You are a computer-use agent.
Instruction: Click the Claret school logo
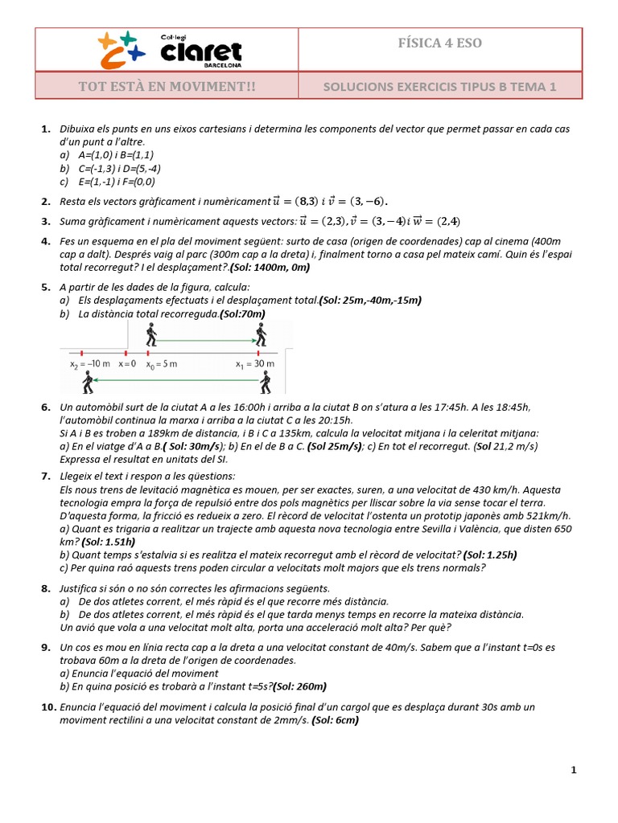pos(168,49)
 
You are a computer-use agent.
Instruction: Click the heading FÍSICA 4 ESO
pos(440,43)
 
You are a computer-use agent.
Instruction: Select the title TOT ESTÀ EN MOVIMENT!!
pos(167,86)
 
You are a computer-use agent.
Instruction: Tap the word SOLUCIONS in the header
pos(356,87)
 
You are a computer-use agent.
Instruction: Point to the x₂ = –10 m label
pos(89,364)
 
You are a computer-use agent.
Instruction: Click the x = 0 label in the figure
pos(127,364)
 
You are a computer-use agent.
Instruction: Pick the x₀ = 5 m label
pos(161,364)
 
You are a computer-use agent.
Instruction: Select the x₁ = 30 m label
pos(255,364)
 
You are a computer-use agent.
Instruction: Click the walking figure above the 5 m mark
pos(150,334)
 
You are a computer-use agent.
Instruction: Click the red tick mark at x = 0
pos(126,352)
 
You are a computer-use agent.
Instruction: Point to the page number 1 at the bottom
pos(574,770)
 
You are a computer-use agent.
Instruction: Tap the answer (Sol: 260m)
pos(299,686)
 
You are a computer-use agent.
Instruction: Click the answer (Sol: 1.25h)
pos(488,555)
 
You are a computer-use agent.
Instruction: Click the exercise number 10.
pos(47,707)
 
